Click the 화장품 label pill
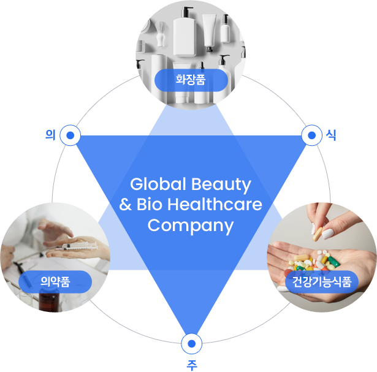point(191,80)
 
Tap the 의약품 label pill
point(55,282)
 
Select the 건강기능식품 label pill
point(322,282)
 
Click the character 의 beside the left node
point(50,135)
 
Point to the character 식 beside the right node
point(331,135)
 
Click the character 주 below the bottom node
point(192,365)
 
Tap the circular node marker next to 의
point(70,135)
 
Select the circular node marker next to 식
point(311,135)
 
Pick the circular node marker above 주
point(191,344)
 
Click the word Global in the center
point(158,184)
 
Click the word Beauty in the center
point(221,185)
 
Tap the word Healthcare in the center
point(215,204)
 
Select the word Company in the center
point(191,226)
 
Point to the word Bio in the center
point(150,204)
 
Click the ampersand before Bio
point(125,205)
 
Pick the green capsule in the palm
point(333,262)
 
